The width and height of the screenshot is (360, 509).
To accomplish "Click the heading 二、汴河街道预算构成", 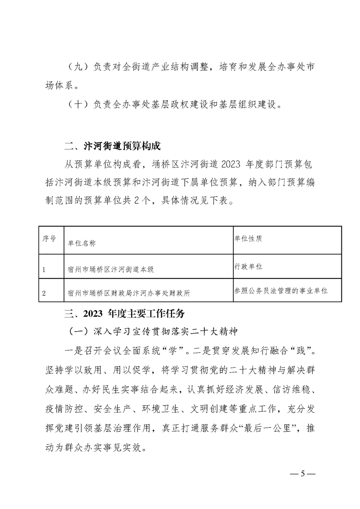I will [x=113, y=146].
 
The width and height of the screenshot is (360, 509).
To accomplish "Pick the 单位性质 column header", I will [x=247, y=238].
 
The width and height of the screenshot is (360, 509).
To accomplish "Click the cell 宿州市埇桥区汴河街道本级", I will [x=110, y=269].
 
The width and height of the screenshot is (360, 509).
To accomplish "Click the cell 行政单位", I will [x=247, y=266].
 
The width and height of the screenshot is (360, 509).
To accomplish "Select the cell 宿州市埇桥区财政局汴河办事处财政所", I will [x=128, y=294].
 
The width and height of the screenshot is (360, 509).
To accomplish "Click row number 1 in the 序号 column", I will [x=44, y=269].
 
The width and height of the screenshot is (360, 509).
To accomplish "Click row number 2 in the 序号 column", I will [x=44, y=294].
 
